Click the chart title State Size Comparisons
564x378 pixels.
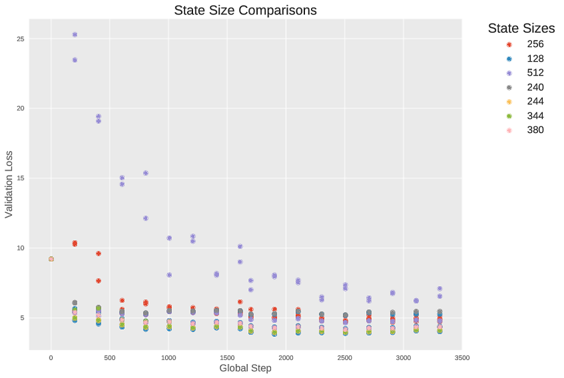click(245, 10)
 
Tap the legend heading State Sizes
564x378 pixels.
click(521, 28)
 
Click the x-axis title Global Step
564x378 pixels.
click(245, 368)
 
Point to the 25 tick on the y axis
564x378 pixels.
click(21, 39)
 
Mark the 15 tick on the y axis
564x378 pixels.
click(21, 178)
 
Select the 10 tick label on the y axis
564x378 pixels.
click(21, 248)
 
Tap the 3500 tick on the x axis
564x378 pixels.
click(462, 357)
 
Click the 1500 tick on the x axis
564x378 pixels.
click(227, 357)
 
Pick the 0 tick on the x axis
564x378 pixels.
click(51, 357)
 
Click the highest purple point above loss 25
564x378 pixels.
click(74, 34)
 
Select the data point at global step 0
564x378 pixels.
click(51, 259)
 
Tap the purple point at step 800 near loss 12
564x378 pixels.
click(145, 218)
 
